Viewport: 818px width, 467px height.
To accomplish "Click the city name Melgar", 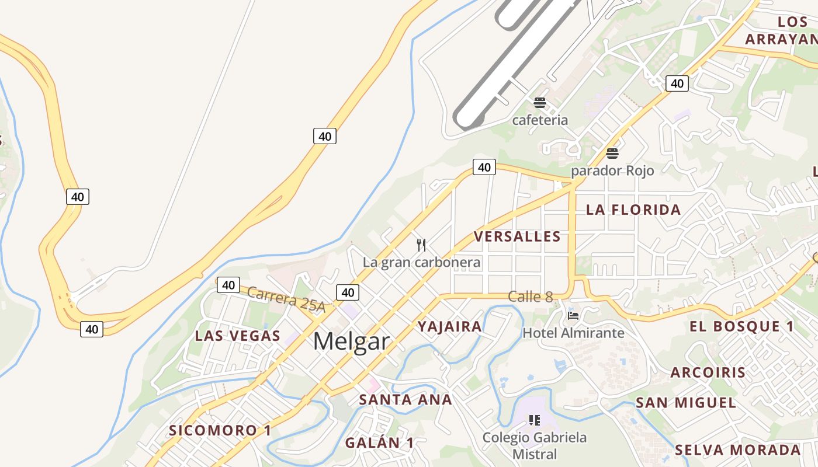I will pyautogui.click(x=351, y=341).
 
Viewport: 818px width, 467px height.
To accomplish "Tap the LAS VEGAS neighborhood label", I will pyautogui.click(x=238, y=336).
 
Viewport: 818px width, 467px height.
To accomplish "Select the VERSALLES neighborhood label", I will pyautogui.click(x=517, y=236).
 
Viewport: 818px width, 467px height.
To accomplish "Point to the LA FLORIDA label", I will pyautogui.click(x=633, y=210).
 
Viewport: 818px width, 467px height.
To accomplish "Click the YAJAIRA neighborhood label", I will pyautogui.click(x=450, y=326).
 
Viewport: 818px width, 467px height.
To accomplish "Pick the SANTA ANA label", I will pyautogui.click(x=405, y=400).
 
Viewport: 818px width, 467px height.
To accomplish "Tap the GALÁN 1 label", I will pyautogui.click(x=379, y=443).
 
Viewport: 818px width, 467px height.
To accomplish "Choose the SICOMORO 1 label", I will pyautogui.click(x=220, y=431).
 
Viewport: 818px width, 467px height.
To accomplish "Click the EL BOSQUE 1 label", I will pyautogui.click(x=742, y=326).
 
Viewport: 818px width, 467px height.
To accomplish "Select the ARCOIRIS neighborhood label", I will pyautogui.click(x=708, y=372).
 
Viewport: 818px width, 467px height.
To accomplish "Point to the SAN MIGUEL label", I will pyautogui.click(x=686, y=403).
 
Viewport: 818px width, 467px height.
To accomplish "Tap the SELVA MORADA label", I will pyautogui.click(x=738, y=450).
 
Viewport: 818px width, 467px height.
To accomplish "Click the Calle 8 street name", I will pyautogui.click(x=531, y=297).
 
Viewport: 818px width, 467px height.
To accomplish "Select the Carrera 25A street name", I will pyautogui.click(x=286, y=299).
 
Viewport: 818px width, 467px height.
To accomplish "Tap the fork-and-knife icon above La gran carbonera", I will pyautogui.click(x=421, y=245).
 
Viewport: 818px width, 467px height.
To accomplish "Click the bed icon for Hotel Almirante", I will pyautogui.click(x=573, y=316).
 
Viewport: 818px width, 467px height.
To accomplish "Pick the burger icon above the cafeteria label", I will pyautogui.click(x=539, y=103).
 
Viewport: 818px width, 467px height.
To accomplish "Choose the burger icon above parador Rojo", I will pyautogui.click(x=612, y=154).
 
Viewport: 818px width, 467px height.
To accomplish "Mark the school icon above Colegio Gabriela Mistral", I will pyautogui.click(x=534, y=420).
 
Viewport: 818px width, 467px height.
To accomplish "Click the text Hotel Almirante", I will pyautogui.click(x=573, y=333).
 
